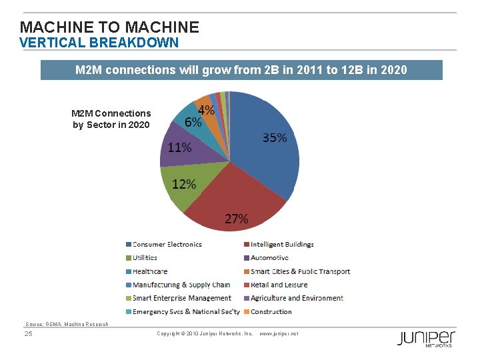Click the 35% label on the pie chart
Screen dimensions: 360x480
click(x=275, y=138)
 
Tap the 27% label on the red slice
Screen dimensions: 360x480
click(x=236, y=219)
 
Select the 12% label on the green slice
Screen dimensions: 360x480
click(x=183, y=184)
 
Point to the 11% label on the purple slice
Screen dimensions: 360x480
click(x=179, y=147)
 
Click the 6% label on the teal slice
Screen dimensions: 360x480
click(x=193, y=123)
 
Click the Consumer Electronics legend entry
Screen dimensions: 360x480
click(x=167, y=245)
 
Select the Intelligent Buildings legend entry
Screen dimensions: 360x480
click(x=282, y=245)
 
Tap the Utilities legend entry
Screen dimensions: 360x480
click(x=145, y=258)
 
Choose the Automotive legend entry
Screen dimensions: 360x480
click(x=269, y=258)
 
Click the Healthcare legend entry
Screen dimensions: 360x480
click(x=149, y=271)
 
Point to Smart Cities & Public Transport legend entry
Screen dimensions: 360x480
click(x=300, y=271)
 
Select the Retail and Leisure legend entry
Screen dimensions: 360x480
click(x=279, y=285)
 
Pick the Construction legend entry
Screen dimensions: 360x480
click(x=271, y=311)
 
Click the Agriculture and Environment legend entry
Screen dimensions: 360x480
click(x=297, y=298)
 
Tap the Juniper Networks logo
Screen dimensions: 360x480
click(x=426, y=338)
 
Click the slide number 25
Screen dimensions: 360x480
click(x=28, y=333)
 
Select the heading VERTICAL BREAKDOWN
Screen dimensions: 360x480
click(x=99, y=43)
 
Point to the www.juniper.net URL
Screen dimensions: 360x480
click(x=279, y=333)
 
